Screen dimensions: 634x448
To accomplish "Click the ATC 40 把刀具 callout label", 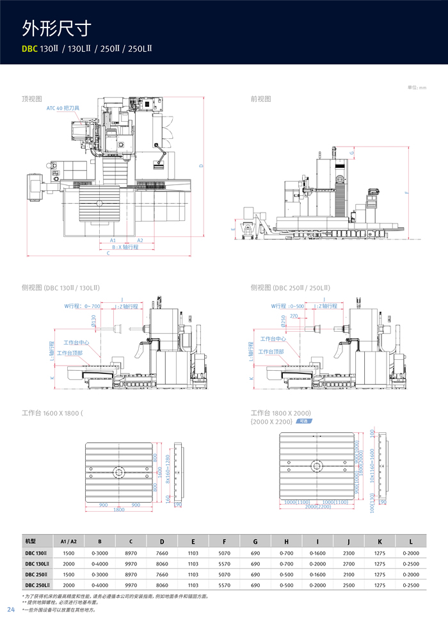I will [63, 108].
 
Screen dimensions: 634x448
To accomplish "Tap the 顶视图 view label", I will [31, 99].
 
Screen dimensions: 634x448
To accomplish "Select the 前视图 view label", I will [260, 99].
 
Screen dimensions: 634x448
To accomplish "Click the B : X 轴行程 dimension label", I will [125, 247].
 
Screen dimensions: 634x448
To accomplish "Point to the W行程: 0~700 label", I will [82, 306].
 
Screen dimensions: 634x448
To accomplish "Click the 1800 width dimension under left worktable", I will [119, 510].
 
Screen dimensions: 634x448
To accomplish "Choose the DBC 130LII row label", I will [36, 564].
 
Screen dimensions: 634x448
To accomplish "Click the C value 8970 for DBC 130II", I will [131, 553].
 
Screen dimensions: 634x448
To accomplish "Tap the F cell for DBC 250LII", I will [224, 585].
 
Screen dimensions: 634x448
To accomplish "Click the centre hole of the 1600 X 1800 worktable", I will [119, 473].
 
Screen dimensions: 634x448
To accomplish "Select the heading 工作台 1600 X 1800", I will [52, 413].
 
